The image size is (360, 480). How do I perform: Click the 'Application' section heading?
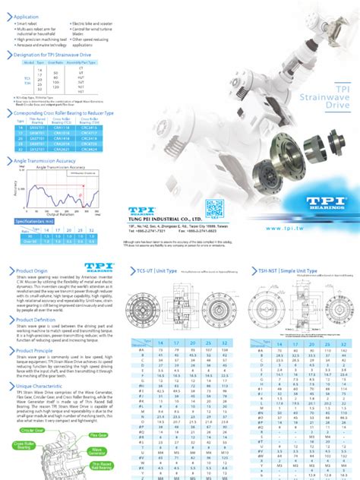coord(27,16)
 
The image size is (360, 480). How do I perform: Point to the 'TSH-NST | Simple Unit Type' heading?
coord(284,270)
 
